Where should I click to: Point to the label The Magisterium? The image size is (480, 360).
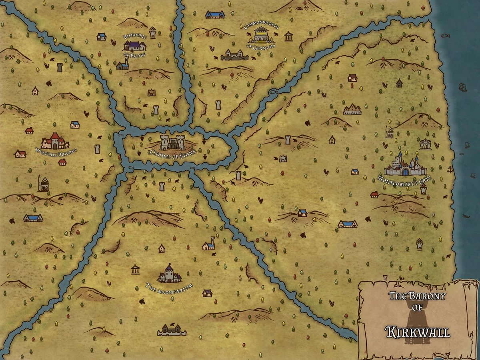tap(169, 286)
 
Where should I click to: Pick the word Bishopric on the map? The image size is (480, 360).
tap(135, 36)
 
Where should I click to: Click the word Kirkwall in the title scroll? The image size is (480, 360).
tap(418, 332)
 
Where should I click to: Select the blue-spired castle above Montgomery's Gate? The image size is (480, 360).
tap(405, 165)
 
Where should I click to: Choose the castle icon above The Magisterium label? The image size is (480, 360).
tap(170, 274)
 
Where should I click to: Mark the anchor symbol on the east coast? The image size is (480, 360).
tap(451, 169)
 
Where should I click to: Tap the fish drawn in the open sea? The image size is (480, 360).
tap(445, 35)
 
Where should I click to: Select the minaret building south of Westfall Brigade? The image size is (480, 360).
tap(43, 184)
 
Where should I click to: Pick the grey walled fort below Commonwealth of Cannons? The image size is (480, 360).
tap(234, 55)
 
